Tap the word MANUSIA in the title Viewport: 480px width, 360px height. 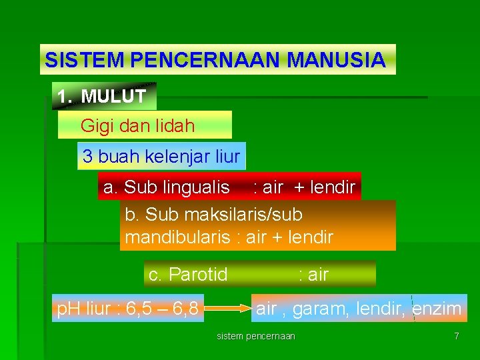tap(336, 60)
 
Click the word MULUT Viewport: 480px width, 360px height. tap(113, 96)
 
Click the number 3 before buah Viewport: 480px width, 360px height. tap(87, 157)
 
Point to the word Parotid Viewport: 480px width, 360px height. tap(198, 274)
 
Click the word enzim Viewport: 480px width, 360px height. tap(437, 309)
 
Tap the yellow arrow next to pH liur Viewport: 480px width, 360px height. tap(227, 309)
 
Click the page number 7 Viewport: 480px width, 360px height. tap(456, 336)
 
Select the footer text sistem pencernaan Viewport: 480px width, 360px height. tap(256, 336)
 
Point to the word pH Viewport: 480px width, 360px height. tap(67, 309)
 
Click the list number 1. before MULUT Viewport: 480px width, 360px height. tap(64, 96)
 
